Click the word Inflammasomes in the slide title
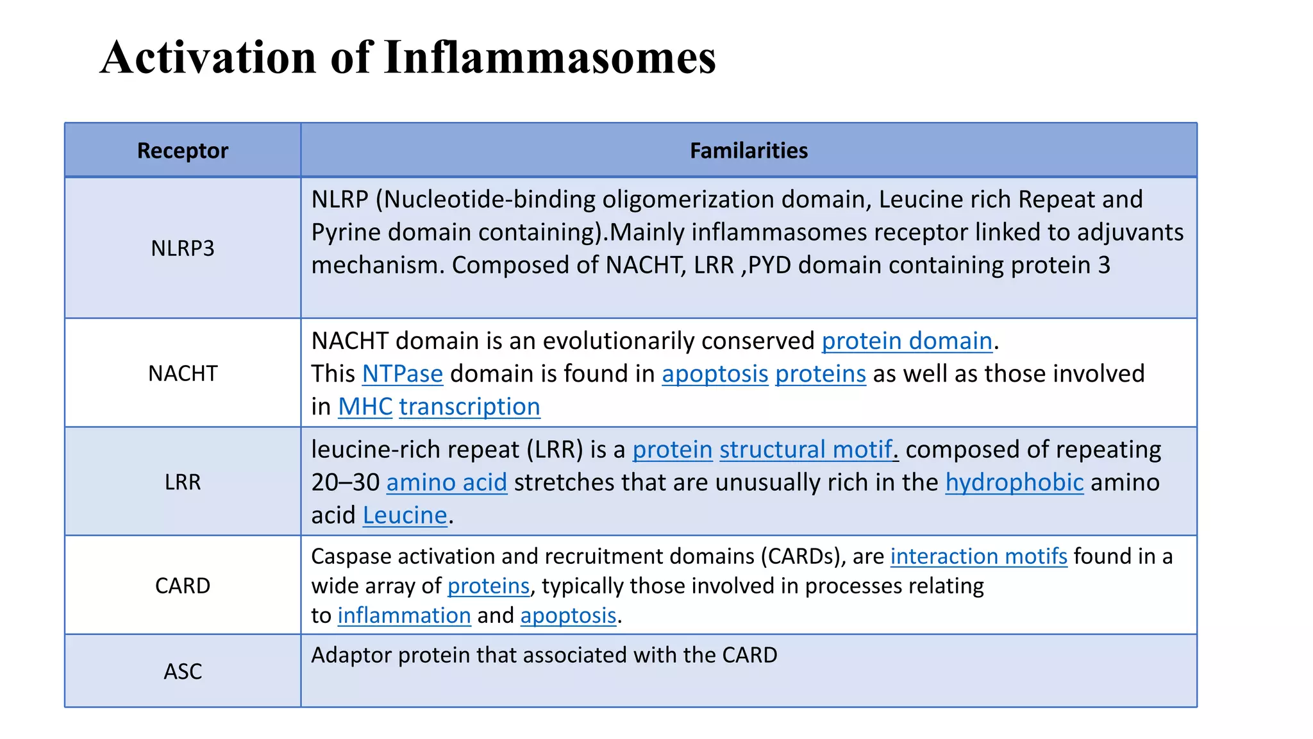[549, 58]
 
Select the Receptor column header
[183, 151]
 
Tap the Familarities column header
[748, 151]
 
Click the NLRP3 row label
[183, 248]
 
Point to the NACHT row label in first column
[183, 373]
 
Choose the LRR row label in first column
[183, 482]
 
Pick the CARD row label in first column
[183, 586]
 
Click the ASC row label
[183, 672]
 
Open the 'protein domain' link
[907, 341]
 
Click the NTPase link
[402, 374]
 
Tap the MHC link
[365, 407]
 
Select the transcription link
[469, 407]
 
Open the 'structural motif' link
[805, 450]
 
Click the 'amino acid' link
[446, 482]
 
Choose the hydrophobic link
[1014, 482]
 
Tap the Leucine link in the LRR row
[405, 515]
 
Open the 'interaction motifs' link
[978, 556]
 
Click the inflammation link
[404, 615]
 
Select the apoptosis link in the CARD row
[568, 615]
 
